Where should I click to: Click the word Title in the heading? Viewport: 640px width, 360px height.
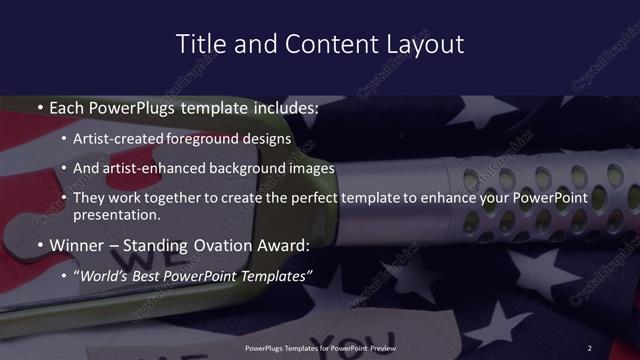[198, 44]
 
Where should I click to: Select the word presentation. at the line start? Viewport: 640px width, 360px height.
[116, 215]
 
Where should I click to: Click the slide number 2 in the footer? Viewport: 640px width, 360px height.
[590, 347]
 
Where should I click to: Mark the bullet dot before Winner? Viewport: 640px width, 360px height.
[39, 245]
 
